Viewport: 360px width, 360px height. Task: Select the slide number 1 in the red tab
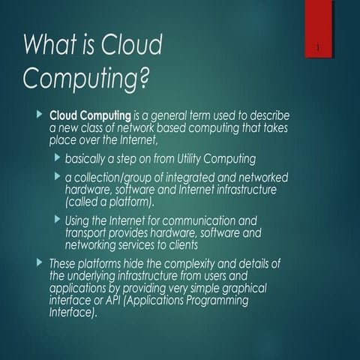[319, 50]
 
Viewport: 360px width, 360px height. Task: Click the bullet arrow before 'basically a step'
[58, 158]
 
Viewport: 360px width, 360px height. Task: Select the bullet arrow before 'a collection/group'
[58, 177]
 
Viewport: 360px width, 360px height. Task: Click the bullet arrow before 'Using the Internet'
[58, 220]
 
